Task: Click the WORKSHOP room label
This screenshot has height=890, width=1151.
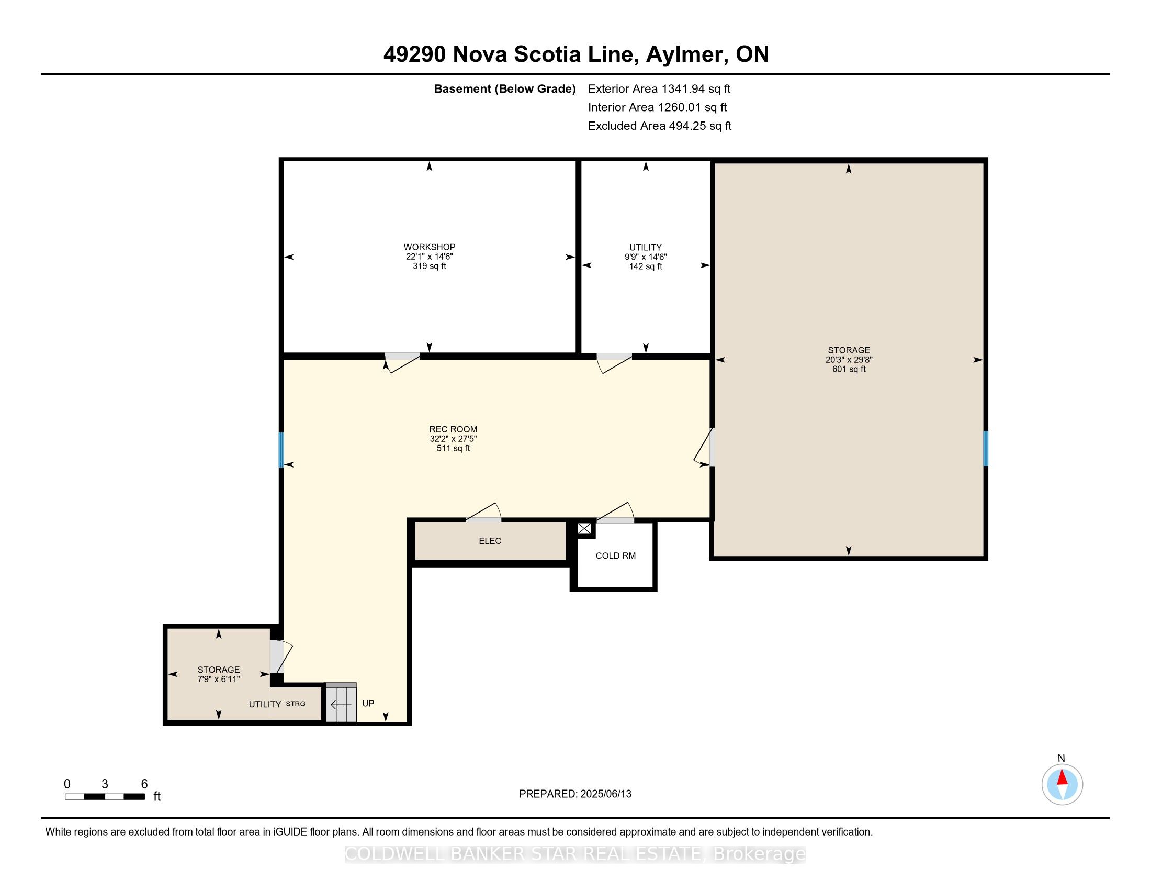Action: [x=429, y=247]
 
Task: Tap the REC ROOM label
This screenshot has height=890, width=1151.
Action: [x=453, y=429]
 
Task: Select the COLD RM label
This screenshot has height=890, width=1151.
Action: [x=616, y=555]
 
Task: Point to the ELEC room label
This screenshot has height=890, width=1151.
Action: [x=490, y=541]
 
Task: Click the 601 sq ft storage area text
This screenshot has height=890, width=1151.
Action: [x=849, y=369]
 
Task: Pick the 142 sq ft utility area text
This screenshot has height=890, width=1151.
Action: [x=646, y=266]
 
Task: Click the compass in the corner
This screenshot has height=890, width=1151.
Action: [x=1062, y=784]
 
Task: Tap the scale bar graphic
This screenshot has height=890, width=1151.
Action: [x=105, y=797]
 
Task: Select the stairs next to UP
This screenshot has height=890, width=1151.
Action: [x=341, y=703]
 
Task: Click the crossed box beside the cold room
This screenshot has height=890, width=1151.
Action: [x=584, y=529]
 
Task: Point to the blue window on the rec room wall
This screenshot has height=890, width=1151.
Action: [x=281, y=450]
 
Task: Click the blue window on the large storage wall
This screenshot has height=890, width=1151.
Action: [x=985, y=449]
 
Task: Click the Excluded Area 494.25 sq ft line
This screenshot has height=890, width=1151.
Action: [x=659, y=126]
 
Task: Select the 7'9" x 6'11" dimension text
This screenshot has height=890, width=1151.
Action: [x=219, y=679]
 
